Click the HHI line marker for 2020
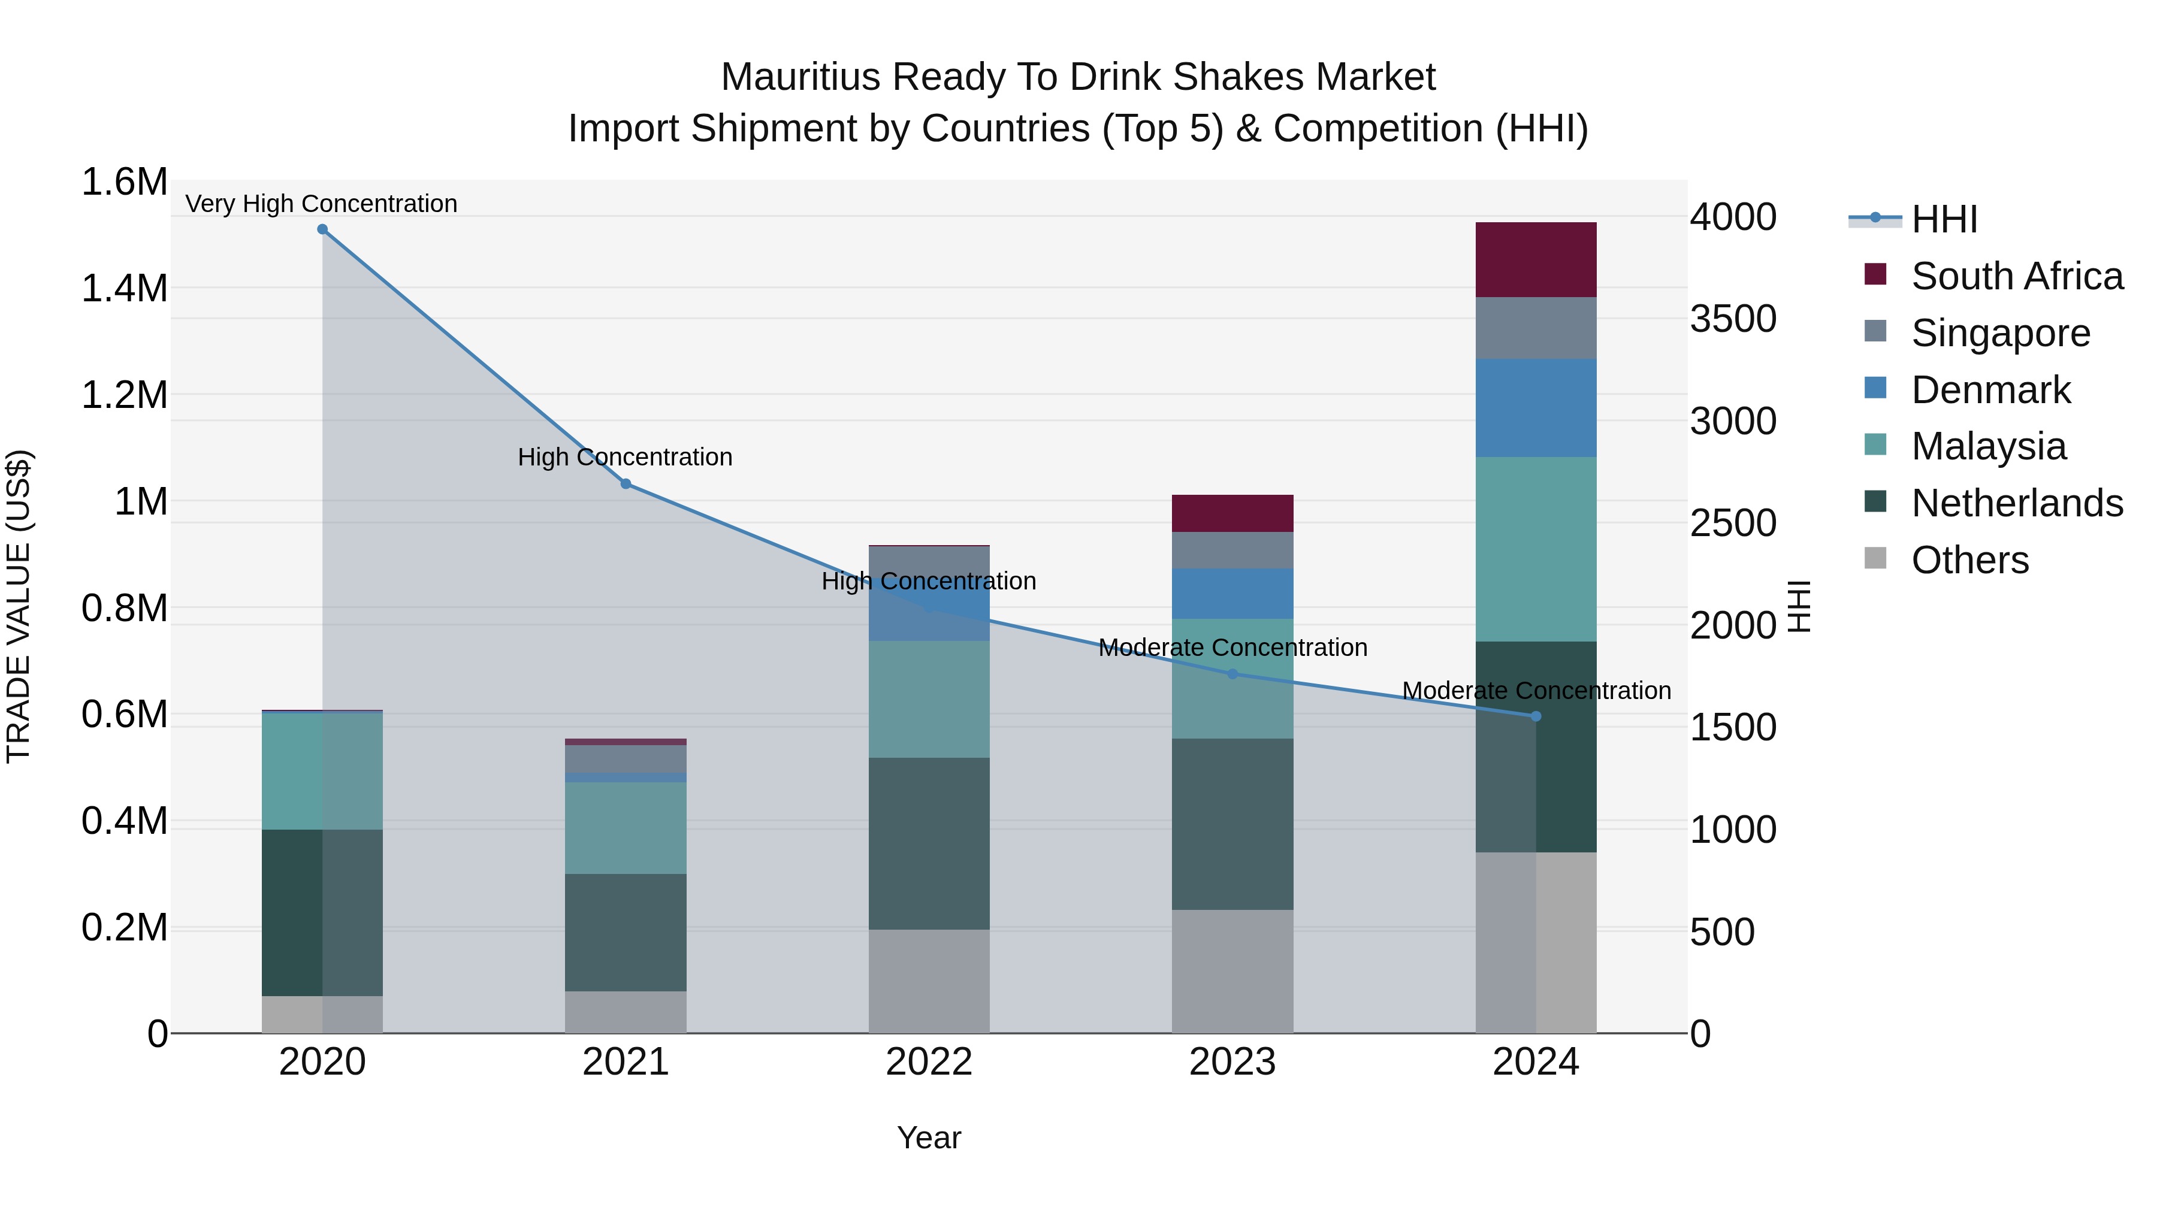pos(322,229)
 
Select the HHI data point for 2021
pos(626,484)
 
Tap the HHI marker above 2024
pos(1536,716)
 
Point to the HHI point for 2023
pos(1232,674)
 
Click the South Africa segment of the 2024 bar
pos(1536,259)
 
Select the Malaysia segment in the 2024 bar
pos(1536,549)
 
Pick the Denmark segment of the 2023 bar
pos(1232,594)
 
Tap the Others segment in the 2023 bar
pos(1232,971)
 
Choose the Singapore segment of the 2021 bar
pos(626,758)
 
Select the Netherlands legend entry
pos(2016,503)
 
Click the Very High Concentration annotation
pos(322,204)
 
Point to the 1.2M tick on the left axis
pos(125,395)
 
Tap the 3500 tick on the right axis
pos(1732,319)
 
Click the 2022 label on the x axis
pos(929,1062)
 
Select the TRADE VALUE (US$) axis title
pos(19,606)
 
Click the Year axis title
pos(929,1138)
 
